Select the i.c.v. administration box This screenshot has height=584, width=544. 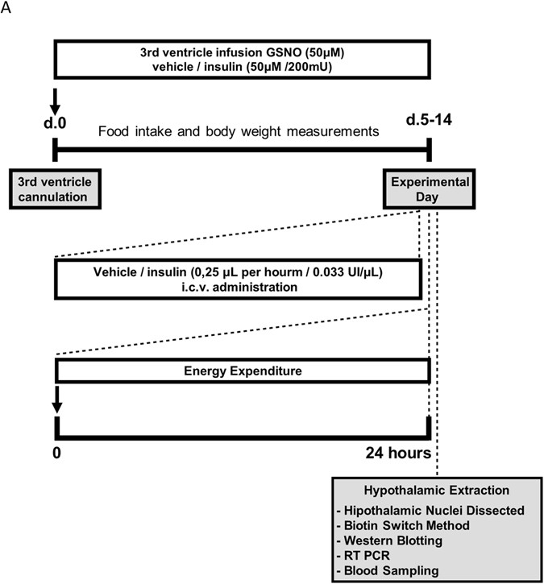click(239, 279)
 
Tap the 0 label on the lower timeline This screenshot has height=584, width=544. click(56, 454)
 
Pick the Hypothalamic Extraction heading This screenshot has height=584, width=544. click(436, 491)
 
